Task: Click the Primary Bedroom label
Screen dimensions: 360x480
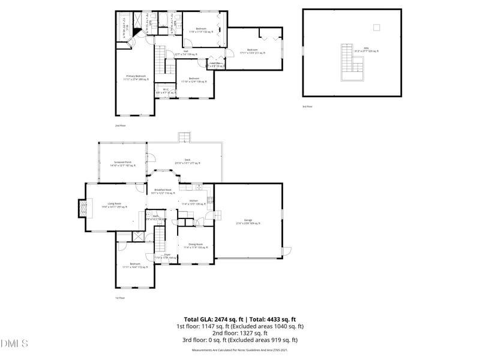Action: pyautogui.click(x=137, y=77)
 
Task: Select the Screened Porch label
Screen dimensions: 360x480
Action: pyautogui.click(x=123, y=164)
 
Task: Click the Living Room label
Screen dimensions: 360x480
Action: pyautogui.click(x=115, y=205)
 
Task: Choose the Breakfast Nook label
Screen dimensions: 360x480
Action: pyautogui.click(x=162, y=191)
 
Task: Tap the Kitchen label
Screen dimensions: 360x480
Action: pyautogui.click(x=194, y=202)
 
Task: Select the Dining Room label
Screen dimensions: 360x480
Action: pyautogui.click(x=196, y=245)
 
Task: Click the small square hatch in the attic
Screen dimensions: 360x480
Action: pyautogui.click(x=376, y=26)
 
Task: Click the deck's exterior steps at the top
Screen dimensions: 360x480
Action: pyautogui.click(x=184, y=137)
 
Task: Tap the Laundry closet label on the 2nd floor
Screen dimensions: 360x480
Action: pyautogui.click(x=215, y=65)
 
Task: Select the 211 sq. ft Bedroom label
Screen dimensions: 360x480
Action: pyautogui.click(x=252, y=51)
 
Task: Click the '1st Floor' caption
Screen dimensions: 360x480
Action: pyautogui.click(x=120, y=298)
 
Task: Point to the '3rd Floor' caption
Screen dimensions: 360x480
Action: pyautogui.click(x=308, y=106)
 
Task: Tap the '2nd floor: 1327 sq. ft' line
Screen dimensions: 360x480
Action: pyautogui.click(x=239, y=333)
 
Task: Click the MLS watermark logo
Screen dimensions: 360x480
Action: pyautogui.click(x=14, y=344)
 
